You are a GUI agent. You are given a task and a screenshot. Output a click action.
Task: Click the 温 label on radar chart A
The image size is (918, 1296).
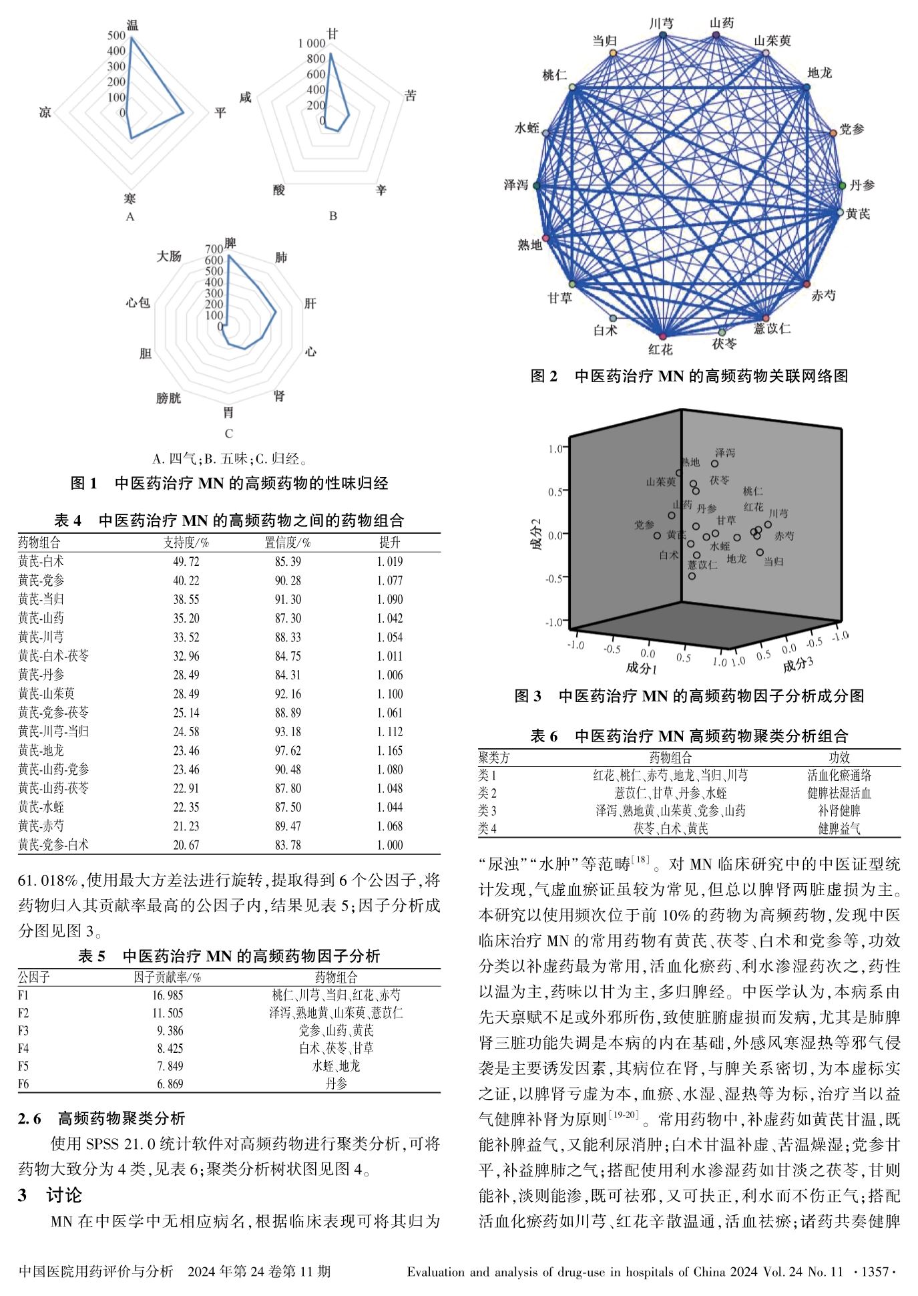tap(132, 25)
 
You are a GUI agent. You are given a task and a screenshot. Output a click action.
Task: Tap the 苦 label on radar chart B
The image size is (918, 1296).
tap(411, 96)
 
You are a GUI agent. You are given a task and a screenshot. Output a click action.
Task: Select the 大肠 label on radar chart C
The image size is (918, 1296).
tap(169, 257)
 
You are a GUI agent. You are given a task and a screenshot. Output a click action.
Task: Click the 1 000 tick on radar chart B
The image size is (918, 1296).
tap(312, 43)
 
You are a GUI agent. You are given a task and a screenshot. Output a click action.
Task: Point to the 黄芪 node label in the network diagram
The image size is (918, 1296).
tap(858, 214)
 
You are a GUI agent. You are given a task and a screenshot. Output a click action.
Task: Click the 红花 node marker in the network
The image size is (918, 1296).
tap(662, 336)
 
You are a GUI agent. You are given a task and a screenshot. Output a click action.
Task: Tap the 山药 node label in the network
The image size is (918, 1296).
tap(721, 23)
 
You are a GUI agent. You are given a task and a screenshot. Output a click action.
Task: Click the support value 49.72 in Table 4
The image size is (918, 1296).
tap(186, 562)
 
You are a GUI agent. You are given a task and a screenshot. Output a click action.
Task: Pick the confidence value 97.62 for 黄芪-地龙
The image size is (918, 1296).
tap(288, 751)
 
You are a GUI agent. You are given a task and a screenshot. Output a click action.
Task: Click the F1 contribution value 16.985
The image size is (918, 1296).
tap(168, 995)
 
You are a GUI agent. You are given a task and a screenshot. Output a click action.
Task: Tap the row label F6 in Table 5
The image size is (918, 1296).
tap(24, 1084)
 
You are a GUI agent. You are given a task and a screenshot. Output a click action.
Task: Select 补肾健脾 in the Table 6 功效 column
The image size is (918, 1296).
tap(839, 811)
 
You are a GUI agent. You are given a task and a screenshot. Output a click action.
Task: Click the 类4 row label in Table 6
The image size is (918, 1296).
tap(487, 828)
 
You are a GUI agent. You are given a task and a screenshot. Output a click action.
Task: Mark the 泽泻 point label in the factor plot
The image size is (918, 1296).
tap(724, 453)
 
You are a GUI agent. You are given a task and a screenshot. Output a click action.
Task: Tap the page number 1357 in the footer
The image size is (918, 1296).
tap(875, 1271)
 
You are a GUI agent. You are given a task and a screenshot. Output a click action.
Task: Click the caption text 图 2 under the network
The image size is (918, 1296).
tap(543, 376)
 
